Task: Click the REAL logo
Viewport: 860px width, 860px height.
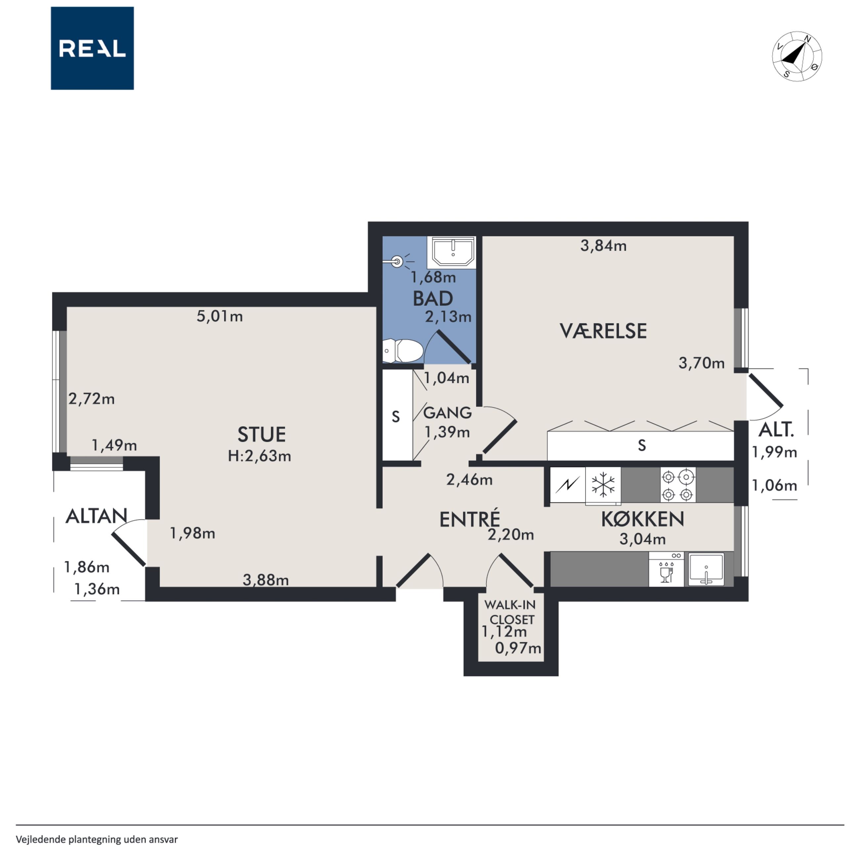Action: [x=92, y=48]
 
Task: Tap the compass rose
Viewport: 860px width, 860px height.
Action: [x=797, y=56]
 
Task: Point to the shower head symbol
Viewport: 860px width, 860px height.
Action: [x=397, y=261]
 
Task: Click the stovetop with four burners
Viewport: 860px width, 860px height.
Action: [x=677, y=485]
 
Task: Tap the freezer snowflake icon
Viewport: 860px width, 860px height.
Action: [x=603, y=485]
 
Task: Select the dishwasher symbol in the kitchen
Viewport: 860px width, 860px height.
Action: [x=666, y=569]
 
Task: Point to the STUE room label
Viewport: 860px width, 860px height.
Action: [x=261, y=434]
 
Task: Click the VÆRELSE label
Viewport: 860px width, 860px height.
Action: [x=603, y=331]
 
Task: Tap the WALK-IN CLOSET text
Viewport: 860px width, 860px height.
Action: [x=510, y=612]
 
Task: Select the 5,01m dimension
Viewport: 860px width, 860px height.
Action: [x=220, y=316]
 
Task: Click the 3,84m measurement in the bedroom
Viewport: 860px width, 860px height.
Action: [x=603, y=245]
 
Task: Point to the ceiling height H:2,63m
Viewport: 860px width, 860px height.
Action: [x=260, y=456]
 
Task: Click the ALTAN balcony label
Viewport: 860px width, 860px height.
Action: [x=96, y=516]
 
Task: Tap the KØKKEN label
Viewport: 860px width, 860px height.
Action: [x=642, y=519]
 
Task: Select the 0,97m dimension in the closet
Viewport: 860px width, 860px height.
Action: [x=518, y=648]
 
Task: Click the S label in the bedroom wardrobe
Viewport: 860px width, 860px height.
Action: [x=641, y=445]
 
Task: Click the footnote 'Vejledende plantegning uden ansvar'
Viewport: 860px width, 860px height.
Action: [x=97, y=839]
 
